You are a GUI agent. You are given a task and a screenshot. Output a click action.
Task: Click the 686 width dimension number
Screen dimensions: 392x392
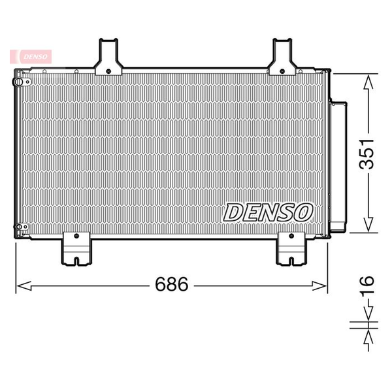tap(171, 284)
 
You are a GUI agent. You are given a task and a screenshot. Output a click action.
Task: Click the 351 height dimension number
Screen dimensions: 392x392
tap(367, 154)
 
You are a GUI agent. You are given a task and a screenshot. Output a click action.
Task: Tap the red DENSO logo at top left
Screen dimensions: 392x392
tap(31, 56)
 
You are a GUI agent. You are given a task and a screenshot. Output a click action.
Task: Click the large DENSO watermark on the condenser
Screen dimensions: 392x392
tap(268, 212)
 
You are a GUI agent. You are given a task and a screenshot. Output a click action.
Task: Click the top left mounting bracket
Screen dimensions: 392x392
tap(108, 57)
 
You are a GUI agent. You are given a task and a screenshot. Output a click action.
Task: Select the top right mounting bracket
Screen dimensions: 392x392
tap(282, 57)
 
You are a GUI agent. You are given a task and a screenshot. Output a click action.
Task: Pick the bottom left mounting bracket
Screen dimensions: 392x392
tap(76, 248)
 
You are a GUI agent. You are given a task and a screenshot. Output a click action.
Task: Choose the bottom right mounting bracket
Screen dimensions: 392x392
tap(291, 248)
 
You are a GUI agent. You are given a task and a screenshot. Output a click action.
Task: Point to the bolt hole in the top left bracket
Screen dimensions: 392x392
tap(108, 71)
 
